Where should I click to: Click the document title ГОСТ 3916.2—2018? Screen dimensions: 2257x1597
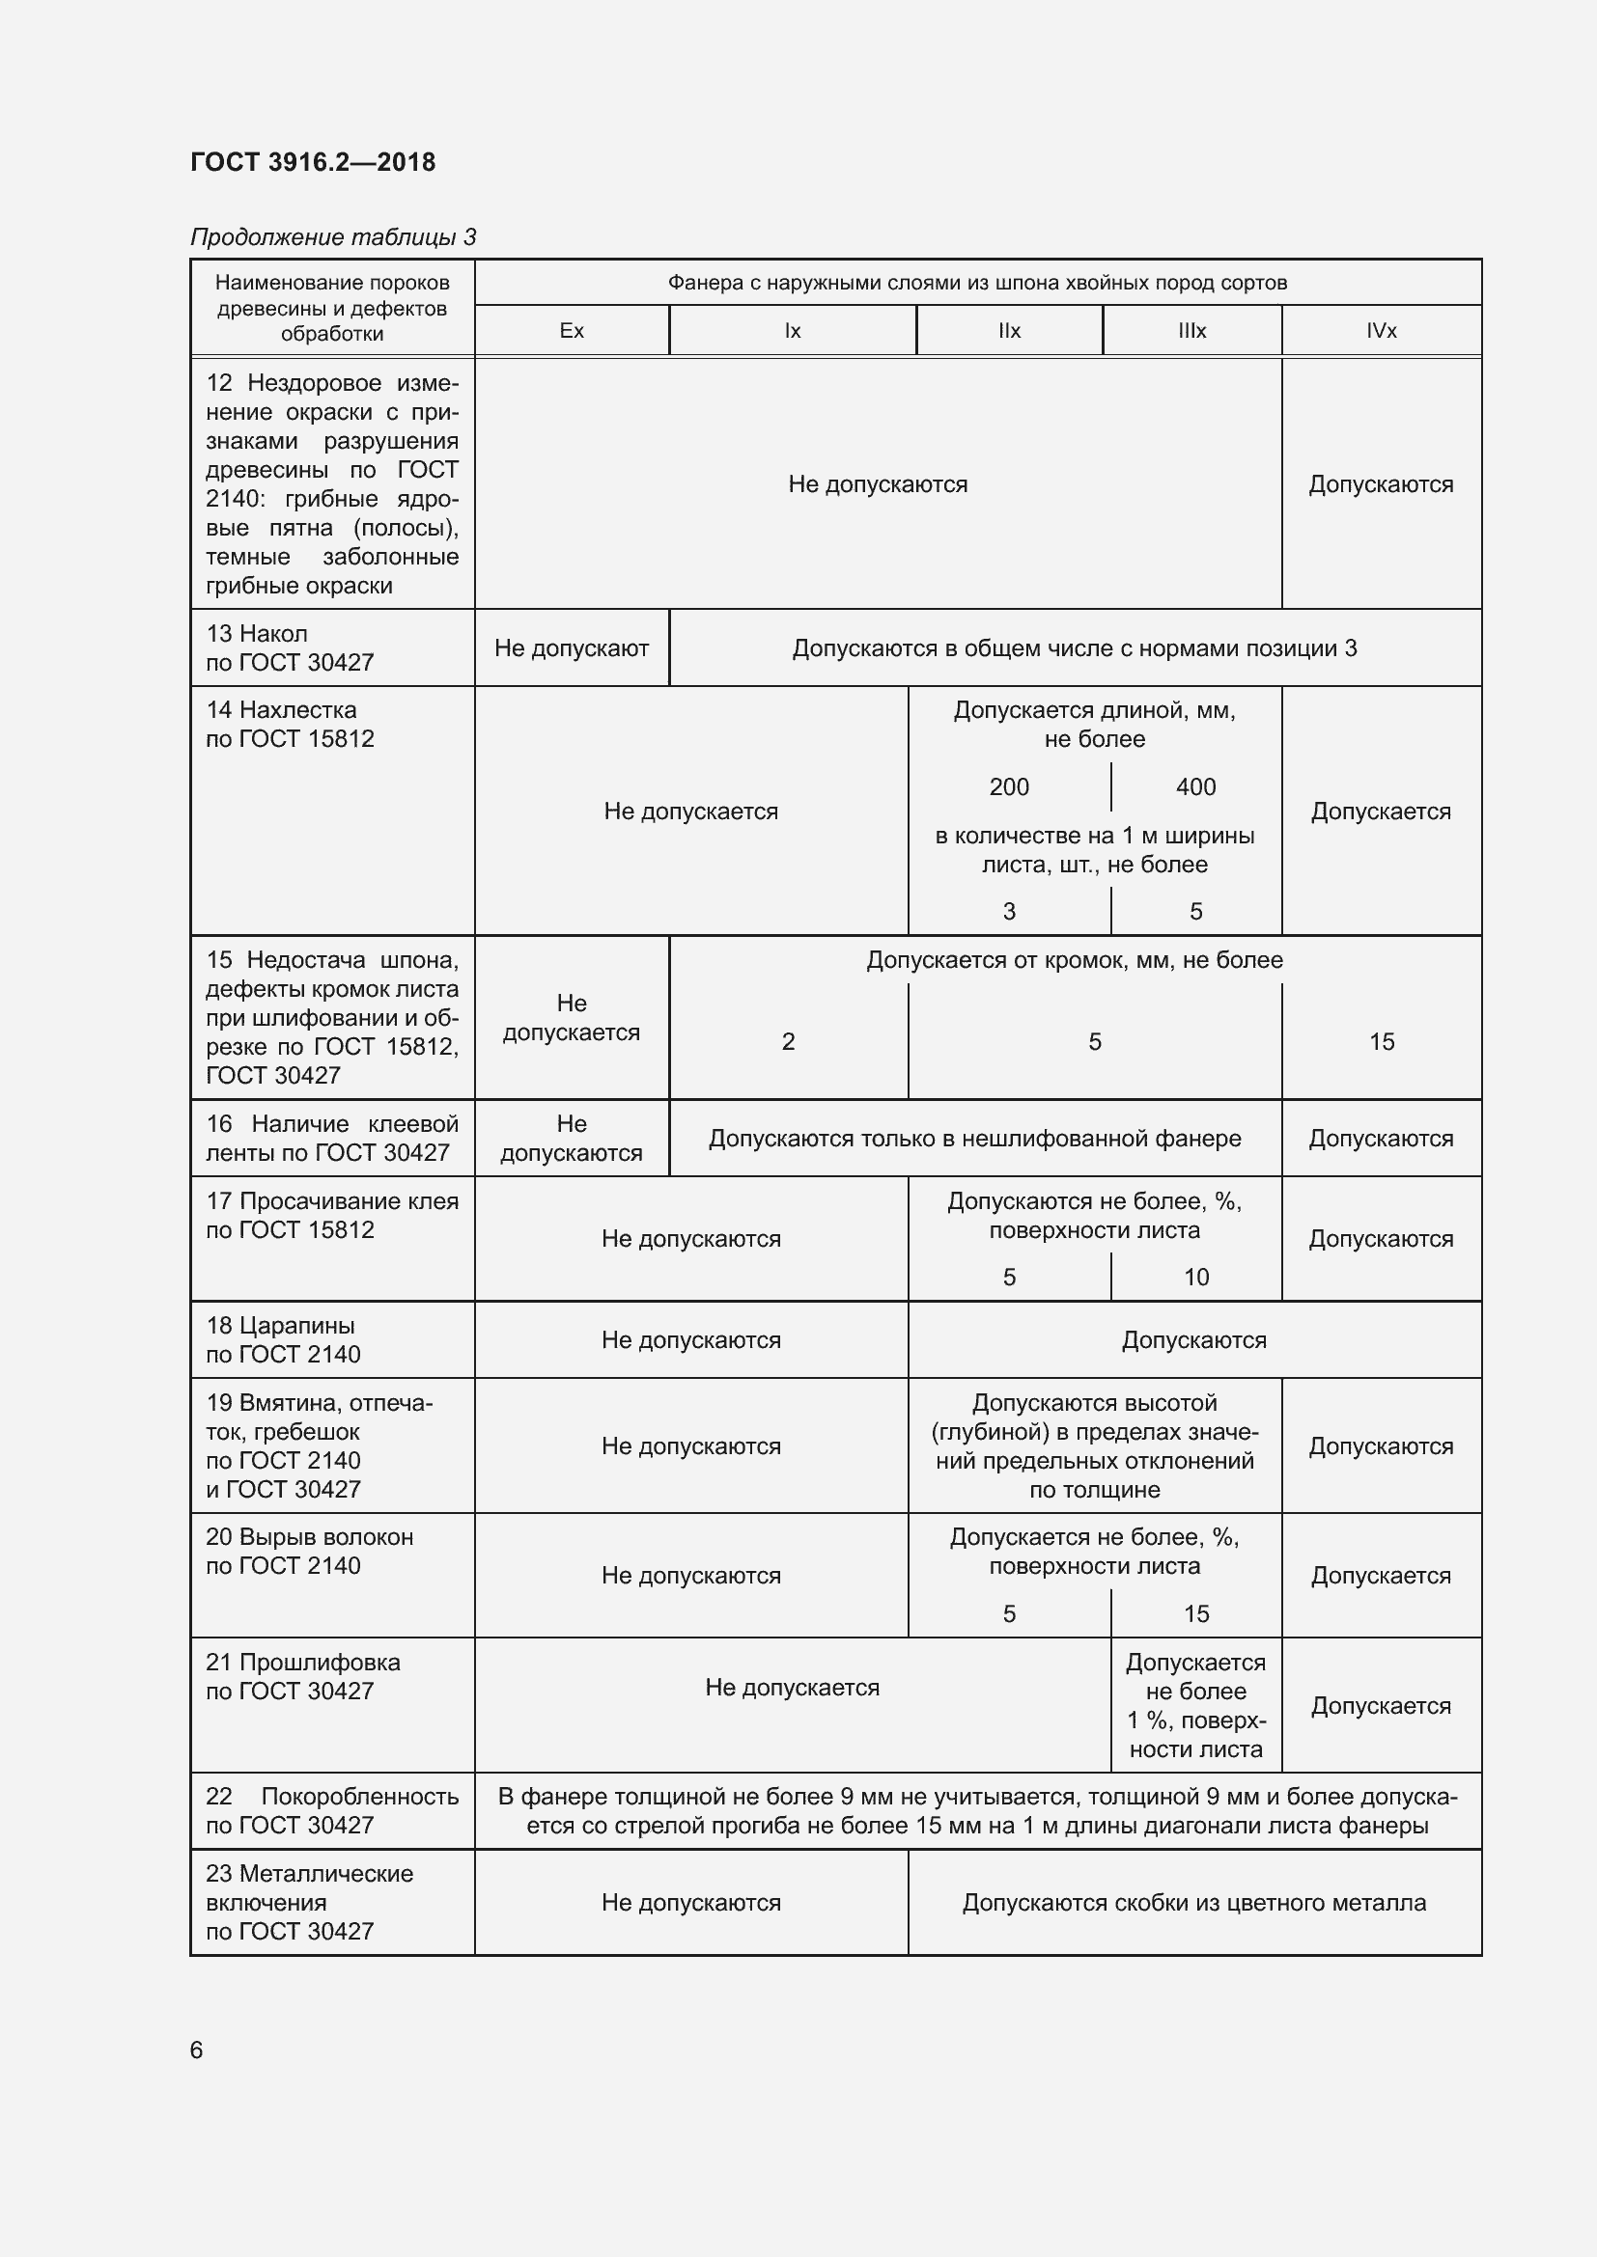[313, 162]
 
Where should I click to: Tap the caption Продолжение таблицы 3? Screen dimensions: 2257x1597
[332, 237]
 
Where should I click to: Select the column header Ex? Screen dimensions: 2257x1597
[572, 331]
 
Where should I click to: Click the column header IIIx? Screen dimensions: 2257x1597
[1191, 331]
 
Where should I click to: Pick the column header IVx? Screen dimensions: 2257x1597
[1381, 331]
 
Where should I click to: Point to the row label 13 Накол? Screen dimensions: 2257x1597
[257, 634]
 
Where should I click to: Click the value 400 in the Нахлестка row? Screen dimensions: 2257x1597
[1195, 787]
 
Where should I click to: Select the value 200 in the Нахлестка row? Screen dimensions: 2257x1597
[1009, 787]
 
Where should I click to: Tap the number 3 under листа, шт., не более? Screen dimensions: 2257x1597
[1009, 912]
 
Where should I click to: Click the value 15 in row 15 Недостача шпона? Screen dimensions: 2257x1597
[1381, 1042]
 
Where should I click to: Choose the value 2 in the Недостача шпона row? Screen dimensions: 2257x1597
[788, 1042]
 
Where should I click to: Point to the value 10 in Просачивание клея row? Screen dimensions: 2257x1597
[1195, 1277]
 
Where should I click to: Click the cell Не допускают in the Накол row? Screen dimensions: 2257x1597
[572, 648]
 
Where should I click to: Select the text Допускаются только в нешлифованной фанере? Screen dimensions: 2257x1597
[974, 1139]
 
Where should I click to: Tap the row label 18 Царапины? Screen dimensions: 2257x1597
[280, 1326]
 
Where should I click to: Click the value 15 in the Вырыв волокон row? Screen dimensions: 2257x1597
[1195, 1613]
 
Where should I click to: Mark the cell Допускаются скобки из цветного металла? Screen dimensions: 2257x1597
[1193, 1902]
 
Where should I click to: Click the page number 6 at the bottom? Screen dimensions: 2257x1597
[197, 2050]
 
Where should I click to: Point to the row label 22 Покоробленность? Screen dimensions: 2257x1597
[331, 1797]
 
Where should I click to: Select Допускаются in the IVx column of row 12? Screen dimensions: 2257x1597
[1381, 484]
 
